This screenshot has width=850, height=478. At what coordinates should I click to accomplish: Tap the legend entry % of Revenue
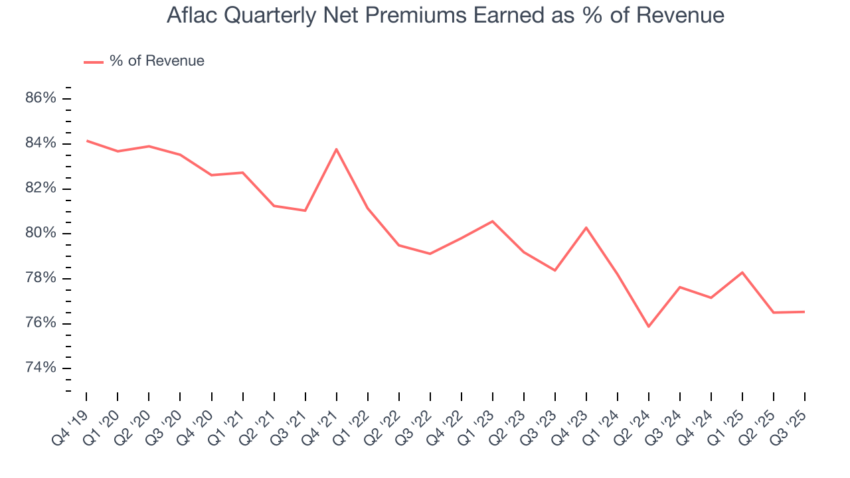(157, 61)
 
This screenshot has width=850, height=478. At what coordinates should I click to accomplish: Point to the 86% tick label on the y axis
(41, 98)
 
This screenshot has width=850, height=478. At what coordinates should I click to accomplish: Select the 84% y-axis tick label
(41, 143)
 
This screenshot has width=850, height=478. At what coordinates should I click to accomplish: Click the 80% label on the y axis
(41, 233)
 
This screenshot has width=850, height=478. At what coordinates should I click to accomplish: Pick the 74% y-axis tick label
(41, 368)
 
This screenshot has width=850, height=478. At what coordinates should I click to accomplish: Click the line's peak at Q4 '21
(337, 149)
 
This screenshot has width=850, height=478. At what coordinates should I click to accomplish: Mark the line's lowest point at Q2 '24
(649, 327)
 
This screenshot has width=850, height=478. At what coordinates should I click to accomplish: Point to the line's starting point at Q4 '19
(87, 141)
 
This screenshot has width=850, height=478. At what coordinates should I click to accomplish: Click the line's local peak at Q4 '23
(586, 228)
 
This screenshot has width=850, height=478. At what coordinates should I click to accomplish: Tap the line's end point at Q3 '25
(805, 312)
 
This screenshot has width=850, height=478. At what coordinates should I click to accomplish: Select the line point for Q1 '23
(492, 221)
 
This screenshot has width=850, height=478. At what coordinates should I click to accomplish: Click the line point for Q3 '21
(305, 210)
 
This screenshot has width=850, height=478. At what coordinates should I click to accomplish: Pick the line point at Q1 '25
(742, 272)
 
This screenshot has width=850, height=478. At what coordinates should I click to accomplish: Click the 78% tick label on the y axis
(41, 278)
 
